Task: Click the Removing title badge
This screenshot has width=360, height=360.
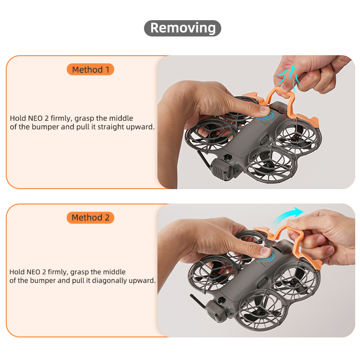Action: (x=182, y=28)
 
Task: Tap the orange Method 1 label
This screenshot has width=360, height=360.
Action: (x=90, y=69)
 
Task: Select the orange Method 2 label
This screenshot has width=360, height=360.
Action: (x=90, y=217)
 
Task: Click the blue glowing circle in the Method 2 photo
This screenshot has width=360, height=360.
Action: (x=266, y=258)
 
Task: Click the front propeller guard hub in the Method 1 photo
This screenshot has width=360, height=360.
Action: (x=269, y=165)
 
